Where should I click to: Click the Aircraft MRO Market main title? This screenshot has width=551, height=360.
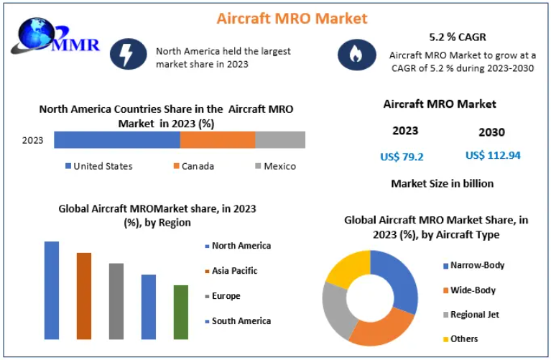pos(292,18)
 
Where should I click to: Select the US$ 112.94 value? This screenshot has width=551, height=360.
pos(493,155)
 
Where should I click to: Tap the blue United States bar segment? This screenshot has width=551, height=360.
pos(116,140)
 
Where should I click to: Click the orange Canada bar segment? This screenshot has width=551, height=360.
pos(217,140)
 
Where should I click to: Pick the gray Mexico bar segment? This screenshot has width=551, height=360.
pos(280,140)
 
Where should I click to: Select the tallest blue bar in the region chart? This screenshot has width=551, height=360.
pos(52,290)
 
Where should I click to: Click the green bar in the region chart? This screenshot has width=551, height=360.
pos(181,312)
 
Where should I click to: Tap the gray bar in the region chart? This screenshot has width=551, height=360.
pos(116,300)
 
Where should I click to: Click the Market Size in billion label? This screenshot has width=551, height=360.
pos(442,183)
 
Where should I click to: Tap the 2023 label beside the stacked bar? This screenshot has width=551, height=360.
pos(33,140)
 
